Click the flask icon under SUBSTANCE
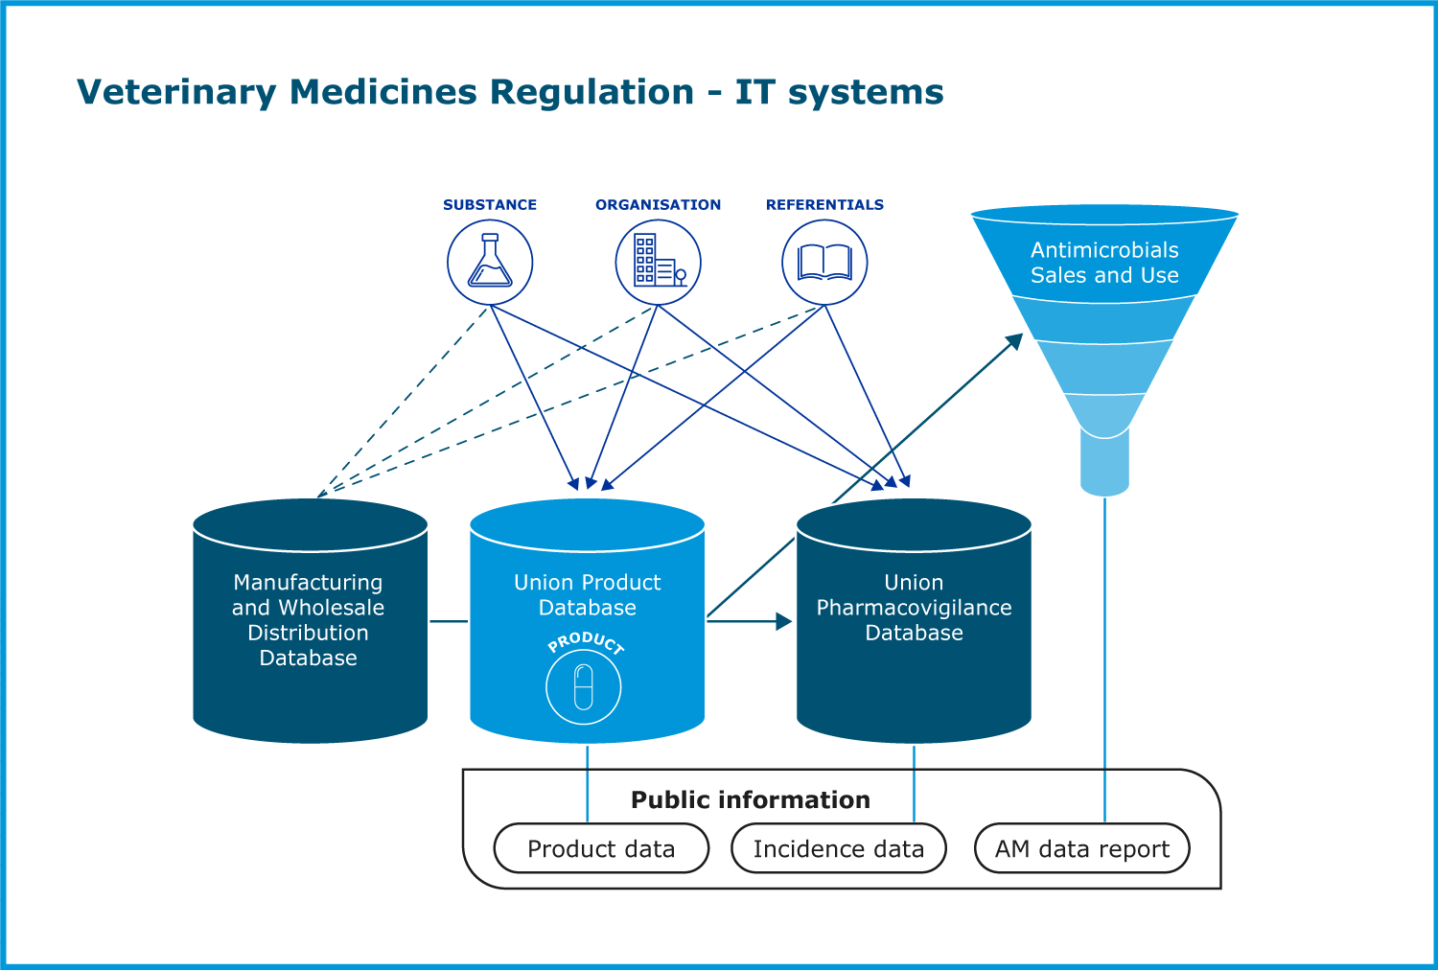pyautogui.click(x=490, y=262)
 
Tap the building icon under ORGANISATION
pyautogui.click(x=658, y=262)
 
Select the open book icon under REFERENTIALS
pyautogui.click(x=824, y=262)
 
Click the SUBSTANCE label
pyautogui.click(x=490, y=205)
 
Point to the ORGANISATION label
pyautogui.click(x=658, y=205)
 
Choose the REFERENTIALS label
pyautogui.click(x=824, y=205)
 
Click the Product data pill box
pyautogui.click(x=601, y=849)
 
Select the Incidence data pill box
pyautogui.click(x=839, y=849)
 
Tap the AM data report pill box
pyautogui.click(x=1082, y=849)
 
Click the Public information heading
pyautogui.click(x=751, y=800)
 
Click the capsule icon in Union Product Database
pyautogui.click(x=584, y=687)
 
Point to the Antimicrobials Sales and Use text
pyautogui.click(x=1104, y=263)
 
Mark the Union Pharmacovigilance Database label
pyautogui.click(x=914, y=608)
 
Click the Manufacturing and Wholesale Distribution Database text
pyautogui.click(x=309, y=620)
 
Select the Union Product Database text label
pyautogui.click(x=587, y=595)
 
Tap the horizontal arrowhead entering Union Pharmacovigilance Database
pyautogui.click(x=783, y=621)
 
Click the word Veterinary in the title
pyautogui.click(x=176, y=93)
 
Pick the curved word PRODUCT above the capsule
pyautogui.click(x=586, y=642)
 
